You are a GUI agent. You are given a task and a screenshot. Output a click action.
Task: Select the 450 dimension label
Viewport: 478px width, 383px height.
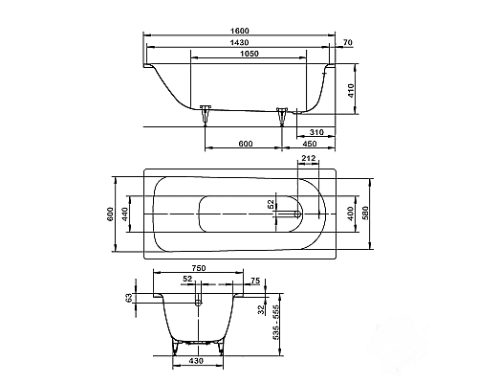pos(310,145)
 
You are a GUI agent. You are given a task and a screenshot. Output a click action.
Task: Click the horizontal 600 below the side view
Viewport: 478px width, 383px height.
pos(245,145)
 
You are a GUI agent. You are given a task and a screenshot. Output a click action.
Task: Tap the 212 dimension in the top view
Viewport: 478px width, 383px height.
pos(308,159)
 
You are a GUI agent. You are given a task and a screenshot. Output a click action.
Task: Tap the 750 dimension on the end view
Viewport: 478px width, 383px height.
pos(199,269)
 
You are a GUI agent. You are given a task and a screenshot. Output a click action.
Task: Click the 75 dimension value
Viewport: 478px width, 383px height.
pos(255,282)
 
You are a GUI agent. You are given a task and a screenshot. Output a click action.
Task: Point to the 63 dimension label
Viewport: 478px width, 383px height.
pos(131,298)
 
